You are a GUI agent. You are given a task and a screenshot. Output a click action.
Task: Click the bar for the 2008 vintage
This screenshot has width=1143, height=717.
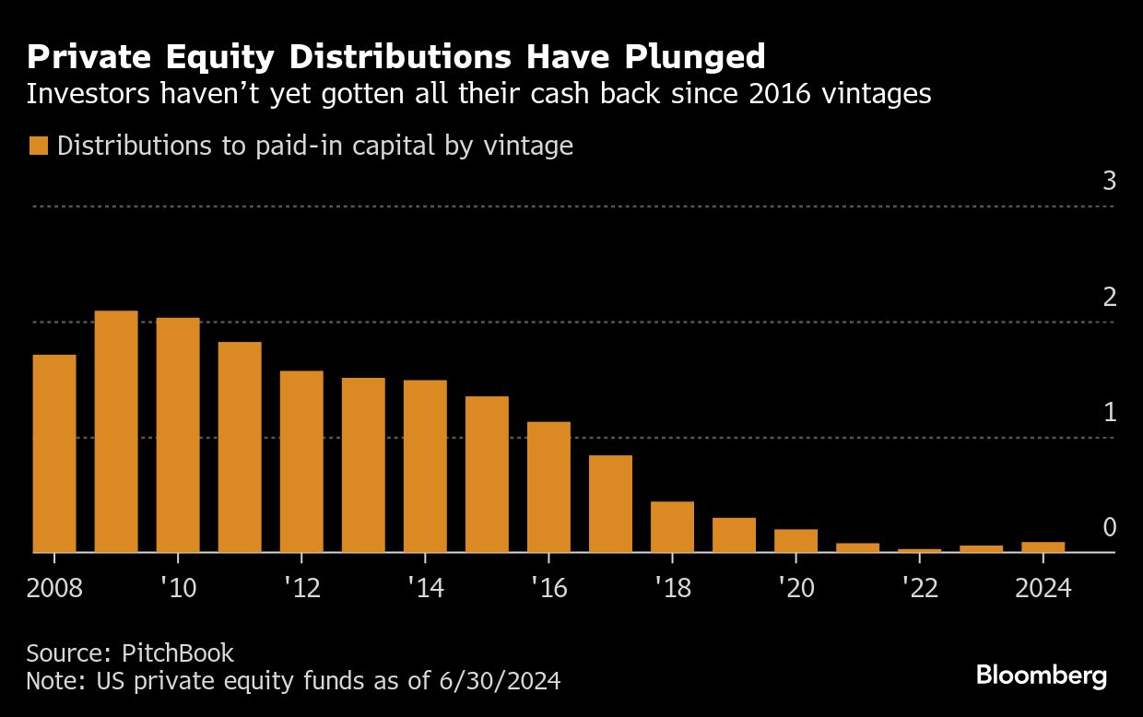54,453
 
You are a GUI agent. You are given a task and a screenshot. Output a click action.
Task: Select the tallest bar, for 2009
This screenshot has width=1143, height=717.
116,431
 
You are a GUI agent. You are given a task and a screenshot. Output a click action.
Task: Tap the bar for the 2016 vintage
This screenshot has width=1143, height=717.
548,487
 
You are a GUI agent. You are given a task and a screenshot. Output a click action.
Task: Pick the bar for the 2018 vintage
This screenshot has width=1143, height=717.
672,526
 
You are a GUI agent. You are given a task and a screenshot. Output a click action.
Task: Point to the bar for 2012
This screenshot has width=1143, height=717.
301,461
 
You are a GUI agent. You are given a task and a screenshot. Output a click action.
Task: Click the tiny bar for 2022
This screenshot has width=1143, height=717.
919,550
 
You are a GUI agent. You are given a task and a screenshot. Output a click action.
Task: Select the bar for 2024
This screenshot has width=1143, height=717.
1043,547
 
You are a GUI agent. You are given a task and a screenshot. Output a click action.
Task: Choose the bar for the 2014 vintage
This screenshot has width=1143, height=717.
425,465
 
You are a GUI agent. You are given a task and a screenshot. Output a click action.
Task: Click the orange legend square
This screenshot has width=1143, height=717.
38,146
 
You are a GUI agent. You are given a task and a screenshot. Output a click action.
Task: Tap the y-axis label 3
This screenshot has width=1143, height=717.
1109,182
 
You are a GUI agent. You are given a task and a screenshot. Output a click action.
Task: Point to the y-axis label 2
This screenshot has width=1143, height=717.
1109,297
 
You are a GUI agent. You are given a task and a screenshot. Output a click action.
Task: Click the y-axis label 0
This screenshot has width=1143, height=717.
1109,527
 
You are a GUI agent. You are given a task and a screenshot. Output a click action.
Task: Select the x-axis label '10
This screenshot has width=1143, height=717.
177,588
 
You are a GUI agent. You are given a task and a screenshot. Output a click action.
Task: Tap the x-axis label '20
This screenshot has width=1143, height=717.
795,588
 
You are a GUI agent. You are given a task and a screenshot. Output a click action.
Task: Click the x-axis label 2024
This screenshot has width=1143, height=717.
1043,588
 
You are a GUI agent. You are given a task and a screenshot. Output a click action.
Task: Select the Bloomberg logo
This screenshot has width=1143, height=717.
1042,676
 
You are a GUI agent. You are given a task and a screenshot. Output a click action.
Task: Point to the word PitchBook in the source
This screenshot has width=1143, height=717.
177,653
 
